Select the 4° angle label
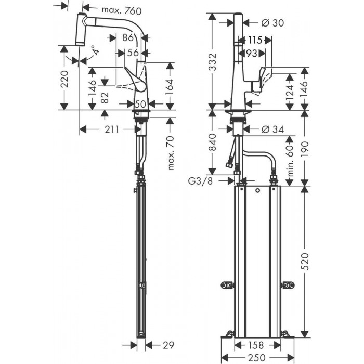point(94,51)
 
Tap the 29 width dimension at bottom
point(168,344)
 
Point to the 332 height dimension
point(212,61)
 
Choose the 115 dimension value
point(254,40)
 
